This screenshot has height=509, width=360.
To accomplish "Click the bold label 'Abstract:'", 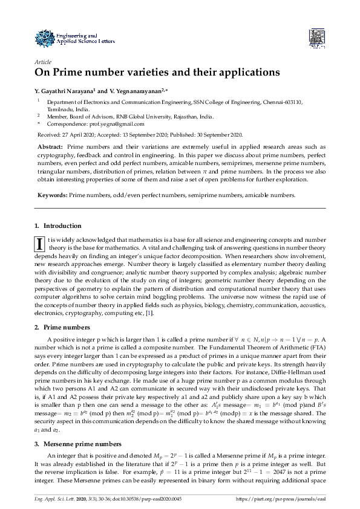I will (50, 147).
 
